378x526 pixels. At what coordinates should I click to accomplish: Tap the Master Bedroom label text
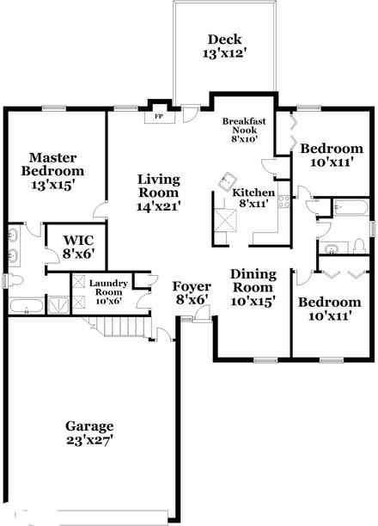(53, 171)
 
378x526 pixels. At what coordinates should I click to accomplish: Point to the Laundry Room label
(108, 292)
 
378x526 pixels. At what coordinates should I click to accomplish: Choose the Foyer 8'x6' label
(190, 293)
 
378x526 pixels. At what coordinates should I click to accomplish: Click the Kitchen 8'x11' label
(254, 199)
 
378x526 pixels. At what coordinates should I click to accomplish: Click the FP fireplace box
(157, 115)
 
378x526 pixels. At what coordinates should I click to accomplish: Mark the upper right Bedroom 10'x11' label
(331, 155)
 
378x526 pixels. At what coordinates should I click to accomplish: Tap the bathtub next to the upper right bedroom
(350, 207)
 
